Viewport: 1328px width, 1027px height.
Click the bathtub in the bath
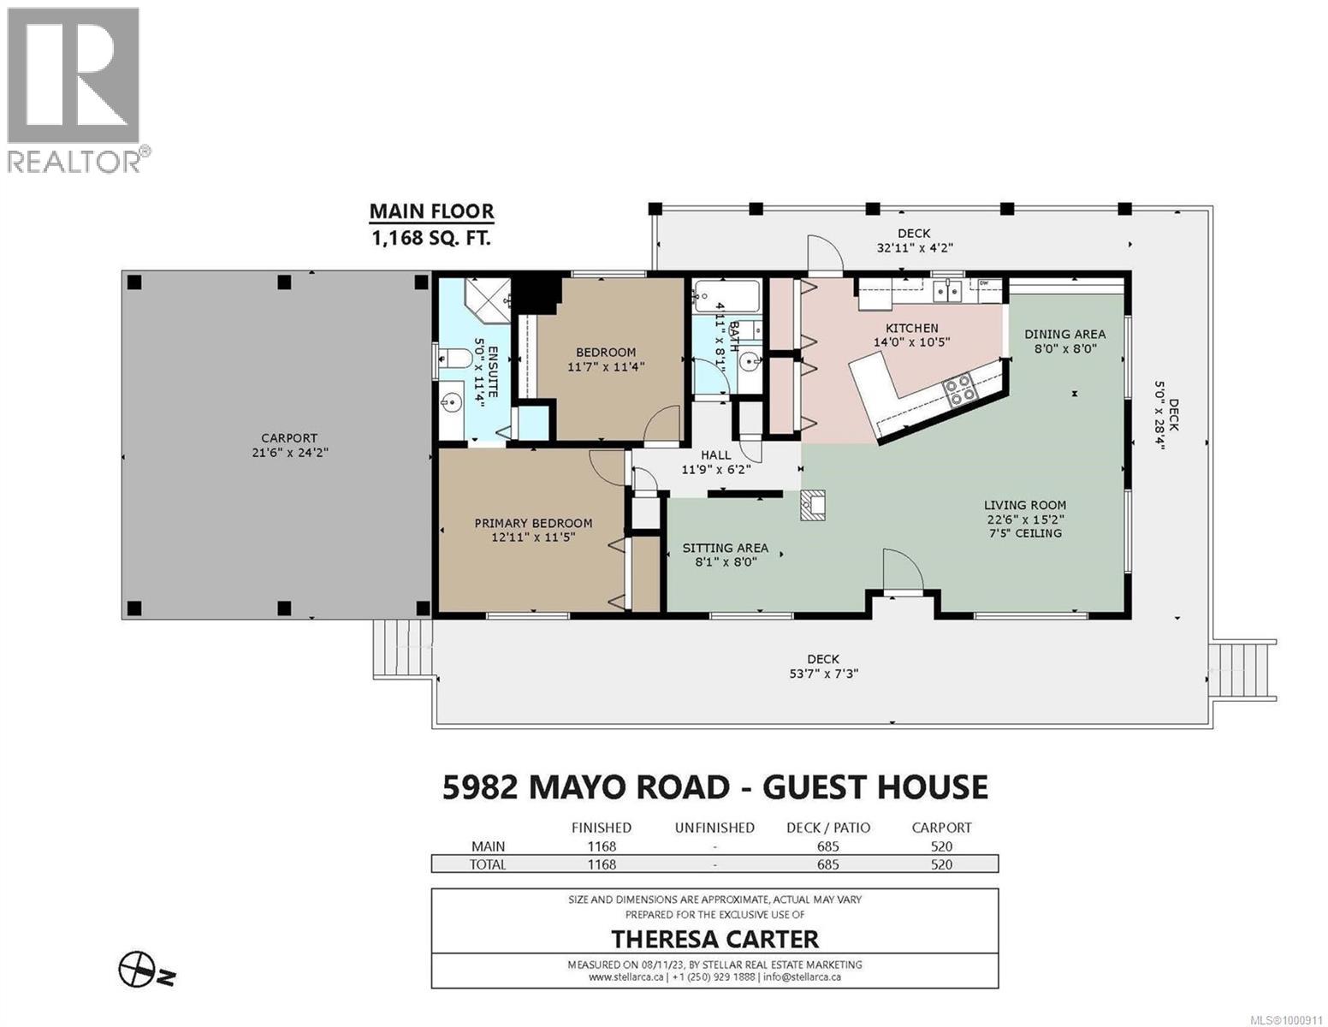point(726,295)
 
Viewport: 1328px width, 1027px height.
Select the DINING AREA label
point(1064,334)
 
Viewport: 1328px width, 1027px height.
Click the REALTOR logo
point(75,90)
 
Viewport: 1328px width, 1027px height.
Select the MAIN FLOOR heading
point(431,211)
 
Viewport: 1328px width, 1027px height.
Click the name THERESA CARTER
point(714,939)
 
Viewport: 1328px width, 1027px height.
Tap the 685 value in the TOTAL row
point(827,864)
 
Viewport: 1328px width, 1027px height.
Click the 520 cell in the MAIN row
point(940,846)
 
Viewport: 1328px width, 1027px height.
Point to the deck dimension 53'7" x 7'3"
point(822,674)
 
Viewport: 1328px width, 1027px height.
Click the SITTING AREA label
point(725,548)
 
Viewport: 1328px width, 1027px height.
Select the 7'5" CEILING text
point(1024,533)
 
